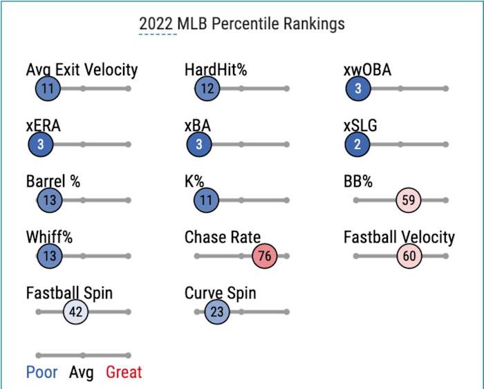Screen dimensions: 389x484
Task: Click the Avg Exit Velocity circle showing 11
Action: (48, 88)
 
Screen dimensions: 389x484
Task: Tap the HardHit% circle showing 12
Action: (207, 88)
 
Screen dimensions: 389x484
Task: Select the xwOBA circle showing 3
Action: (358, 88)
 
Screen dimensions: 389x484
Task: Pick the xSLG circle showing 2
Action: (357, 144)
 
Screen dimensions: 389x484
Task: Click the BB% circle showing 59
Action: (409, 200)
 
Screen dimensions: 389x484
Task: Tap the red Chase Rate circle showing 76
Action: (265, 256)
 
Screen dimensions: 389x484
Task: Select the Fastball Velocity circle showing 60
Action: (409, 256)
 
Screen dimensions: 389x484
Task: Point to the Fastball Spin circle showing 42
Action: (76, 312)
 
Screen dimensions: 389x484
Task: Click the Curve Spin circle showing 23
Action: (217, 312)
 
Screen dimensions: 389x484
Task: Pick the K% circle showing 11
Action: (206, 200)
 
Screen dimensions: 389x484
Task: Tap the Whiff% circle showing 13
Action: (49, 256)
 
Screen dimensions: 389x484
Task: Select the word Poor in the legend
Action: (42, 372)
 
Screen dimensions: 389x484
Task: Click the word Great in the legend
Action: (124, 372)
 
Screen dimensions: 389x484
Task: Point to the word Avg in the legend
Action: (82, 372)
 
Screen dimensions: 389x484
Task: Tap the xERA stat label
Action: (43, 126)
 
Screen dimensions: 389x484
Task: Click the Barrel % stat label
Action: (53, 182)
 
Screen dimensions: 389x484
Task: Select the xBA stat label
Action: (198, 126)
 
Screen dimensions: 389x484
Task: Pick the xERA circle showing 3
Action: (41, 144)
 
